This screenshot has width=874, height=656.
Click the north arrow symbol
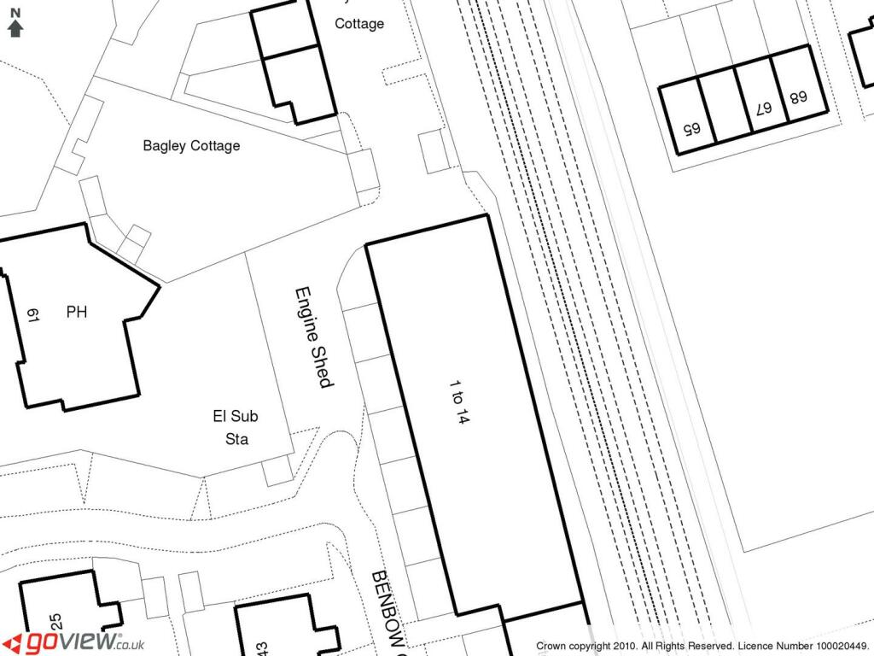coord(15,25)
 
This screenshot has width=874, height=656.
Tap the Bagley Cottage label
coord(191,146)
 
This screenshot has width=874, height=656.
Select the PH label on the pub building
coord(77,313)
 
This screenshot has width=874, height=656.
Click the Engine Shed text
coord(312,337)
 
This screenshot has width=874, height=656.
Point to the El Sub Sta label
coord(236,428)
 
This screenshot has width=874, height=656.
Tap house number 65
coord(690,129)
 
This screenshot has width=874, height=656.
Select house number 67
coord(762,108)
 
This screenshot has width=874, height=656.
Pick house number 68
coord(798,97)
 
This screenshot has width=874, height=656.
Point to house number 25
coord(56,622)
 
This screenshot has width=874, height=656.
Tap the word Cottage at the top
coord(358,24)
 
